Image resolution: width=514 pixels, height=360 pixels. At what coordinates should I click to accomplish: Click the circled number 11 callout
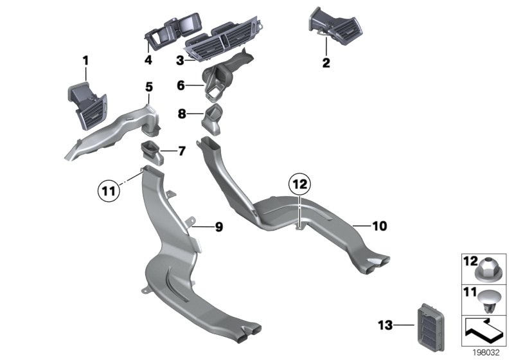(x=109, y=190)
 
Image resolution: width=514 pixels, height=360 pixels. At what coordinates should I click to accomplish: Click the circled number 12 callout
(x=299, y=184)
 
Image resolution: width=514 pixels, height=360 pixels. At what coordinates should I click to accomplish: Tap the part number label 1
(x=85, y=60)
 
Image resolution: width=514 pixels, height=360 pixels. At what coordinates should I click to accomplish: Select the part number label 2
(x=326, y=62)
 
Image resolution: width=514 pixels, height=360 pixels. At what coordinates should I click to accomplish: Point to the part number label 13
(x=385, y=325)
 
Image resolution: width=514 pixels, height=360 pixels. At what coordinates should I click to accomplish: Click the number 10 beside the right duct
(x=380, y=226)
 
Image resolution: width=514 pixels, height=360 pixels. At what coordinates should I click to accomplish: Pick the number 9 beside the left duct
(x=219, y=226)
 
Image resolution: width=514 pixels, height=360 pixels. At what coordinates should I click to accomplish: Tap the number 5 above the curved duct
(x=149, y=87)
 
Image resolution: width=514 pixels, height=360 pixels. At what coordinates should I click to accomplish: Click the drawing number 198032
(x=486, y=352)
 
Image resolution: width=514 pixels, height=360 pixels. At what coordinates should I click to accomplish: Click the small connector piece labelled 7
(x=152, y=152)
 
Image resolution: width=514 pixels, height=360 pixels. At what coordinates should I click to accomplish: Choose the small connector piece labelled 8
(x=212, y=120)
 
